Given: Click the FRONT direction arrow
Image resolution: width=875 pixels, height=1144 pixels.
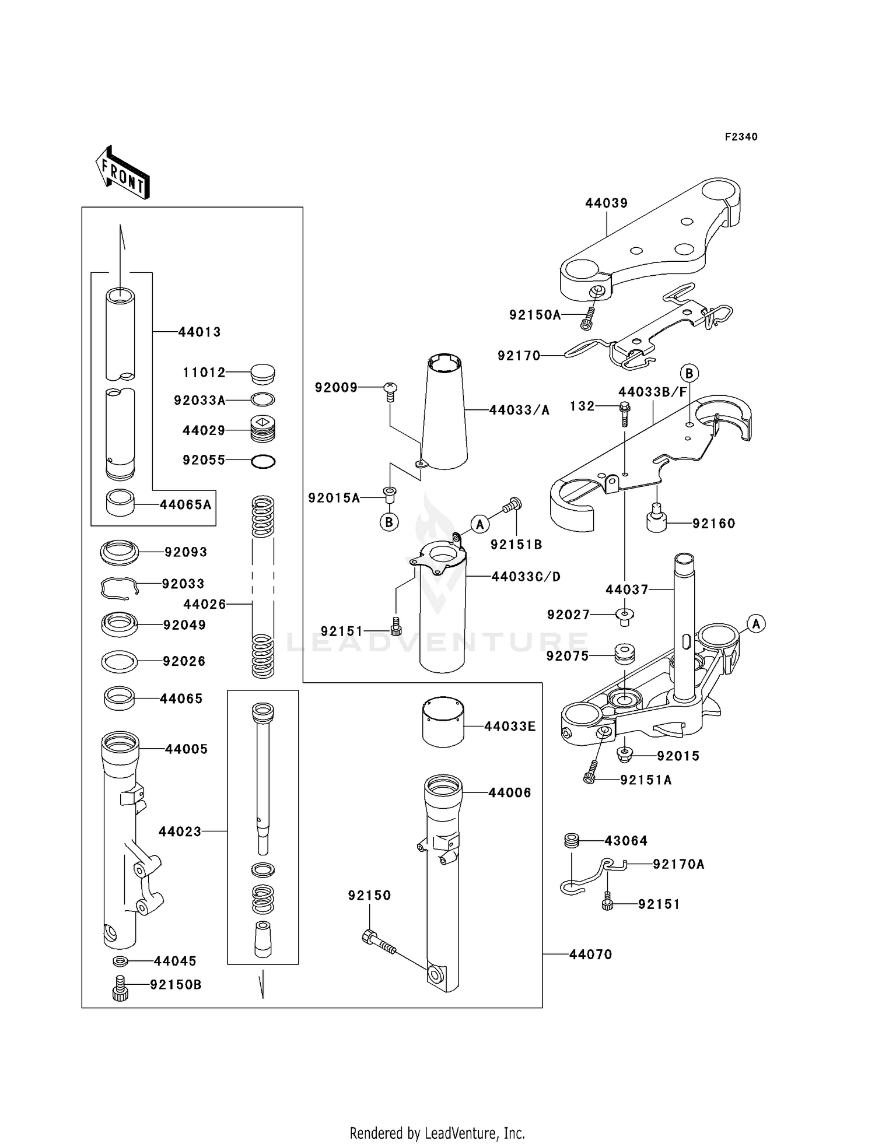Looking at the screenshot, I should tap(123, 173).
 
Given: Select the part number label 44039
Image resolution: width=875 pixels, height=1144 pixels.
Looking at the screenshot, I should tap(606, 203).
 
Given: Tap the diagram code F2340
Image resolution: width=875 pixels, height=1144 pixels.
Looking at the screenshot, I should tap(741, 137).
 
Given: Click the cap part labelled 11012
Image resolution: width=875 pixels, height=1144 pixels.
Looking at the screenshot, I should tap(262, 373).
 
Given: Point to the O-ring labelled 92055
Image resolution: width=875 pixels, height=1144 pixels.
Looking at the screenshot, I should tap(263, 462).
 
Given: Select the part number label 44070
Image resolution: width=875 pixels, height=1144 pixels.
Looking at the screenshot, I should tap(590, 954).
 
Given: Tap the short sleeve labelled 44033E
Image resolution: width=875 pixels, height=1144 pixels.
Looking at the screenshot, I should tap(443, 722).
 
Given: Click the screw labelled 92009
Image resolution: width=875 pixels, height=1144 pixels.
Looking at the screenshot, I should tap(391, 391).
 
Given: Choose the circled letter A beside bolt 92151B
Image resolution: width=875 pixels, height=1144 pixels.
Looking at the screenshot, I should tap(480, 524).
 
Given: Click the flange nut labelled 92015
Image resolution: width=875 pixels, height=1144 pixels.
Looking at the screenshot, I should tap(625, 756).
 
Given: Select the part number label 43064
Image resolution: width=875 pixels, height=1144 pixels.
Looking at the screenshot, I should tap(626, 841).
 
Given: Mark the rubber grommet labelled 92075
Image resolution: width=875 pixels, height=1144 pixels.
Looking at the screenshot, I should tap(625, 653).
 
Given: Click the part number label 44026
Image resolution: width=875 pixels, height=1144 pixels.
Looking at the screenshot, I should tap(204, 604).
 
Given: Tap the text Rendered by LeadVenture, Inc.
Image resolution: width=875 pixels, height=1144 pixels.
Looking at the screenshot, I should tap(437, 1133).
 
